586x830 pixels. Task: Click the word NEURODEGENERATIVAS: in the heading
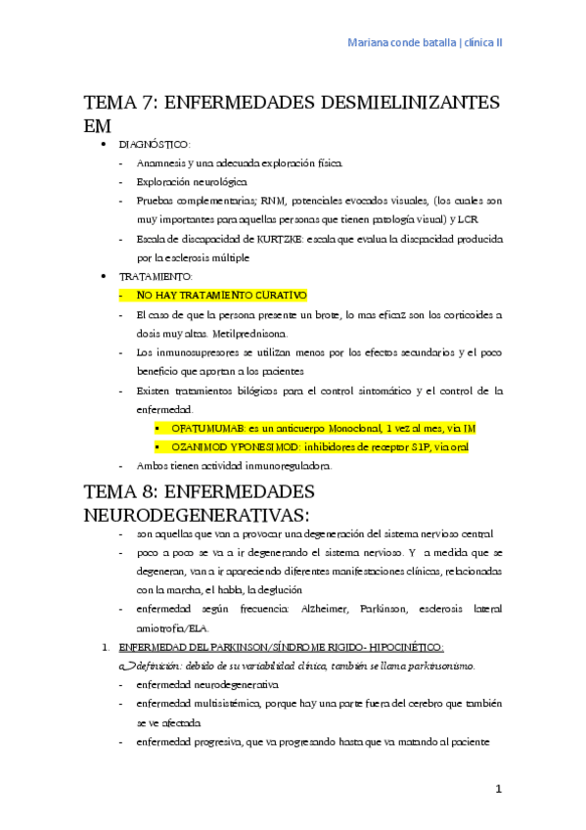click(197, 514)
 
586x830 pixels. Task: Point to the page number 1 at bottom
click(498, 789)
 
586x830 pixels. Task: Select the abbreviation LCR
click(468, 219)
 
